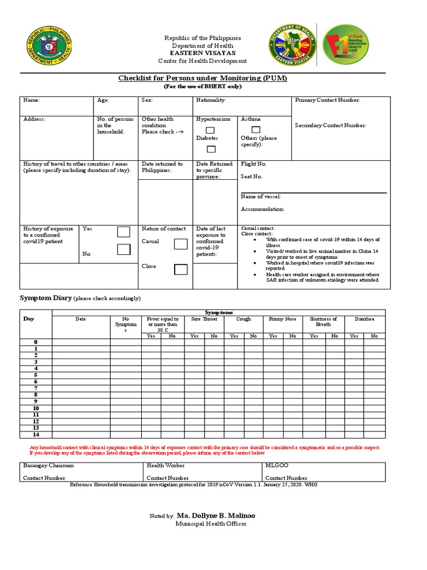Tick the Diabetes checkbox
click(211, 149)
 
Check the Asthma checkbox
click(247, 130)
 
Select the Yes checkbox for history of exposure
click(123, 232)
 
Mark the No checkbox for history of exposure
click(123, 249)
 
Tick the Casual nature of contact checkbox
click(181, 244)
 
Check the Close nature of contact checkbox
click(181, 269)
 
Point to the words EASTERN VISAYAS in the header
click(202, 53)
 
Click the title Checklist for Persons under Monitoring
click(202, 78)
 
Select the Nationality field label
click(211, 100)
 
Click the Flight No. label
click(254, 164)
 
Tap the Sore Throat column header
click(203, 320)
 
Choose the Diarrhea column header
click(365, 320)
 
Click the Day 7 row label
click(36, 388)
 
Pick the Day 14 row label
click(36, 435)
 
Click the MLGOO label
click(276, 465)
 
